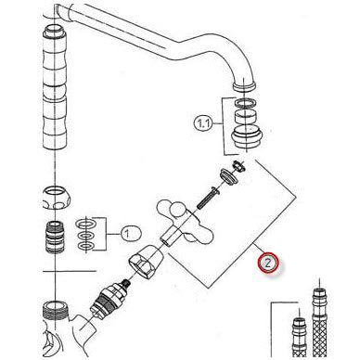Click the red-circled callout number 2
(268, 263)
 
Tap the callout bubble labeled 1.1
(203, 124)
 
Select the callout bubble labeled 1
(131, 233)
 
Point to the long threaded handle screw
(206, 198)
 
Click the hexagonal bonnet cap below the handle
(147, 262)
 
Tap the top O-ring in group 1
(85, 224)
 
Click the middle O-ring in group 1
(85, 236)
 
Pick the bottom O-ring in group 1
(85, 246)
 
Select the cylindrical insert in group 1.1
(245, 116)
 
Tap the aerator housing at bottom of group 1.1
(247, 137)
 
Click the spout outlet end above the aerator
(244, 84)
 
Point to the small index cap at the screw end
(238, 165)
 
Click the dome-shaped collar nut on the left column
(56, 199)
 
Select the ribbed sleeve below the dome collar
(55, 238)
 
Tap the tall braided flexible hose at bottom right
(319, 322)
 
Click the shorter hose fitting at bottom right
(299, 337)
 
